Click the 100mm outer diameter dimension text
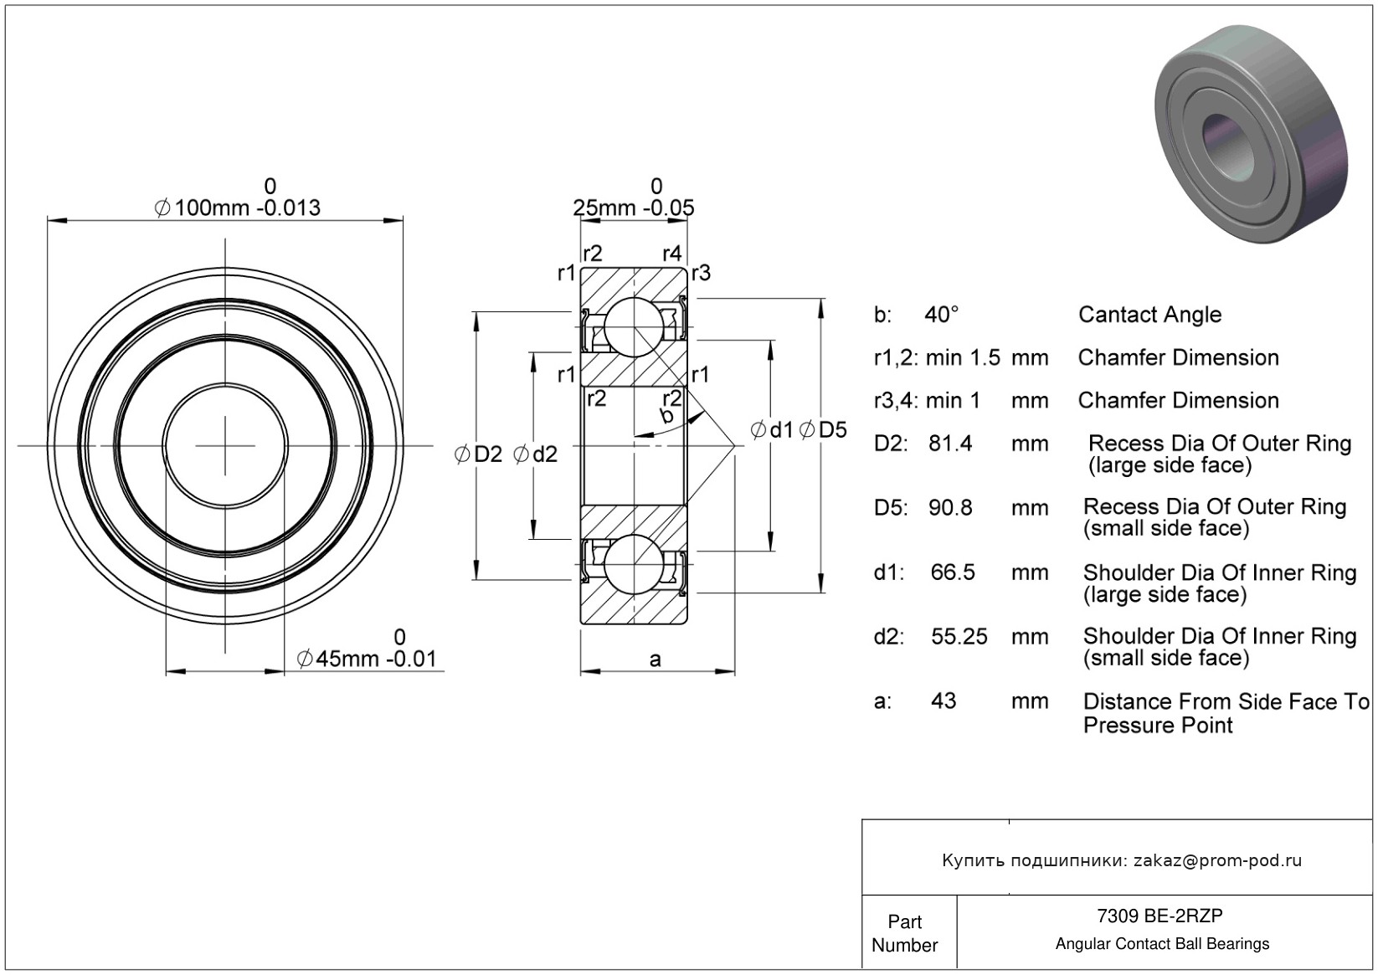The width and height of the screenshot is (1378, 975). point(237,208)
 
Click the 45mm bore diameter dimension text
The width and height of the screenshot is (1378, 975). point(367,659)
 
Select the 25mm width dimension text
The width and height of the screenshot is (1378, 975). point(633,208)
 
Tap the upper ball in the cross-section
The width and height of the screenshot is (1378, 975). point(633,326)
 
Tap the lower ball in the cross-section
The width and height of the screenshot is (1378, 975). point(633,563)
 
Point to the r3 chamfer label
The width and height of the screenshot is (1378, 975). point(701,273)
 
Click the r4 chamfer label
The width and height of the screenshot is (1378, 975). point(671,254)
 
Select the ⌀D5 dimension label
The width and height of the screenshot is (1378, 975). point(823,430)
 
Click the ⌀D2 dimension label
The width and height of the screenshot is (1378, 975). point(478,454)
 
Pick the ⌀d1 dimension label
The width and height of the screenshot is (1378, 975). point(771,430)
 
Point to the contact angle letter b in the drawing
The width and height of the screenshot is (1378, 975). point(666,416)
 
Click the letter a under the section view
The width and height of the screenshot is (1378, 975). point(655,659)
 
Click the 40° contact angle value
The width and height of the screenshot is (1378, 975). point(941,315)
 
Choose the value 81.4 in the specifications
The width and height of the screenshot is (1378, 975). point(950,444)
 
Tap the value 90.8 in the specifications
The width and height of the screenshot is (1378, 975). point(950,507)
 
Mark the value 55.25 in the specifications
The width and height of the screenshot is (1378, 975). point(959,637)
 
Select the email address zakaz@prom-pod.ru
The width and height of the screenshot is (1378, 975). point(1217,860)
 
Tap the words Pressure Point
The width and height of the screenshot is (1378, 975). point(1158,725)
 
